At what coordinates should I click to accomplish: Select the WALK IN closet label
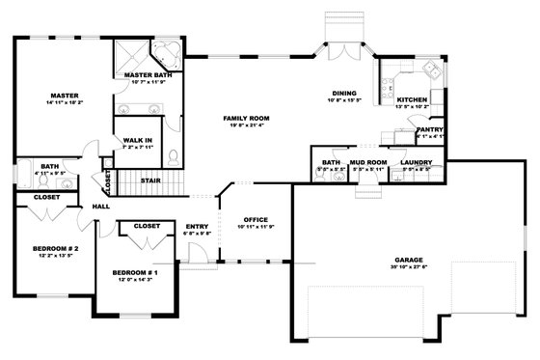137,140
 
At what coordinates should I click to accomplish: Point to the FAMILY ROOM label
246,118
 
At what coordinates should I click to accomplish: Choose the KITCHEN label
410,98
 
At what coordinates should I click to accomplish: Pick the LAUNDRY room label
416,162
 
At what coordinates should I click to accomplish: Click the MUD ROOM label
367,162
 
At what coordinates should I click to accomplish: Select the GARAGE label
409,262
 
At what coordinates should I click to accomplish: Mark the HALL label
99,207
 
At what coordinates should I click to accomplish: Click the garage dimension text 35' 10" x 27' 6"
409,268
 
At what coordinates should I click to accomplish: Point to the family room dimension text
246,125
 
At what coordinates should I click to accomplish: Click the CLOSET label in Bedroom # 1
147,226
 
